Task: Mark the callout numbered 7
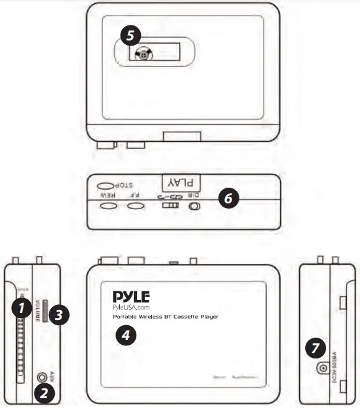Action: (x=315, y=349)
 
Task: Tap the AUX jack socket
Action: (x=44, y=376)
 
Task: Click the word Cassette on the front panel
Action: (x=184, y=317)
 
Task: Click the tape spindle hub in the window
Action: (x=142, y=56)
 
